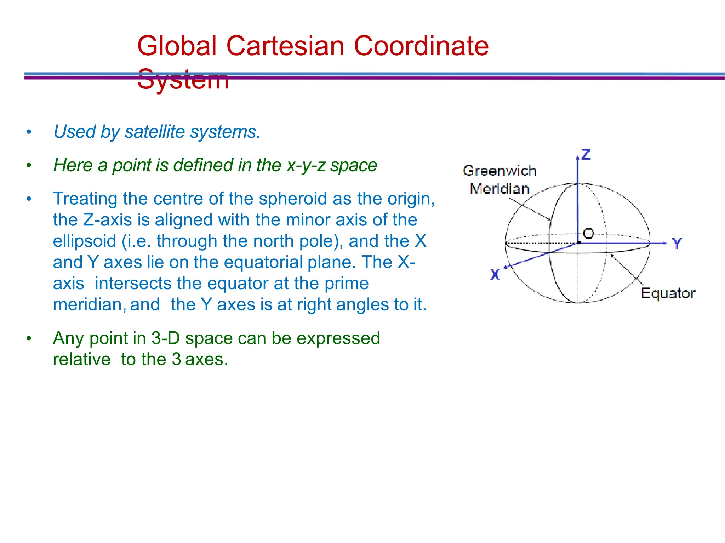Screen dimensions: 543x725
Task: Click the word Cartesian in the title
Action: (x=285, y=46)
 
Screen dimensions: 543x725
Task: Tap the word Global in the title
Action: (x=177, y=46)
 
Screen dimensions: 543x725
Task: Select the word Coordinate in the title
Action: (x=421, y=46)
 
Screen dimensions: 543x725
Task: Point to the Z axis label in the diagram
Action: (x=586, y=155)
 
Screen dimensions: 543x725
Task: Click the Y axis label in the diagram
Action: (x=677, y=244)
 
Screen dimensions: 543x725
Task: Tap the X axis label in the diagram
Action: (x=495, y=275)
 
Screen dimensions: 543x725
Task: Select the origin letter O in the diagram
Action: (x=588, y=233)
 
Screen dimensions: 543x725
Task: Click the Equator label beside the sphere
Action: (x=668, y=293)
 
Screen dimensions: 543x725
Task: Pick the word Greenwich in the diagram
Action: (x=499, y=171)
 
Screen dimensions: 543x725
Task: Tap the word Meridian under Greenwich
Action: (x=499, y=189)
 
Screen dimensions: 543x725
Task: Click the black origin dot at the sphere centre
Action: (x=579, y=243)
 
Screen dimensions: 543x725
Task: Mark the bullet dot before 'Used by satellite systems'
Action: (x=29, y=132)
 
